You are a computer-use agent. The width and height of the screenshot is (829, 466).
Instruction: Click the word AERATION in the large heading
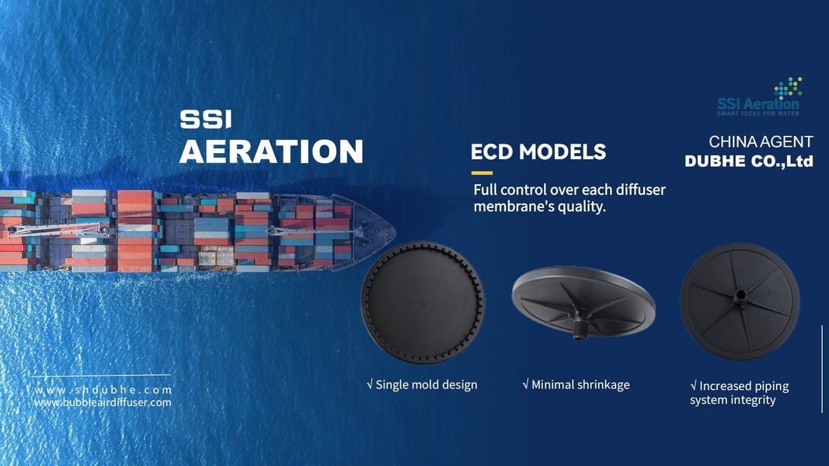point(271,151)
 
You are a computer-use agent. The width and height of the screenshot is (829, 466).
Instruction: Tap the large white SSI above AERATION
point(206,119)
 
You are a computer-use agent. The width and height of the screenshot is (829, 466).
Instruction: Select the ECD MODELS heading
point(538,151)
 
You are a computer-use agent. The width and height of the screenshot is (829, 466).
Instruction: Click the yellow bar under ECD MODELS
point(482,172)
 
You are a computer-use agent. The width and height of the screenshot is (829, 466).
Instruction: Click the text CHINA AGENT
point(761,142)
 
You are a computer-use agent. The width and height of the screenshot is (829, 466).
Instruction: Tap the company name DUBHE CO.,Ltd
point(748,162)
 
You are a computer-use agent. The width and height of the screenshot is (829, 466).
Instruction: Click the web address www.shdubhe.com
point(103,390)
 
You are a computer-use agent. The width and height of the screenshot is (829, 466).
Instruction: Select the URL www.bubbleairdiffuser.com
point(103,402)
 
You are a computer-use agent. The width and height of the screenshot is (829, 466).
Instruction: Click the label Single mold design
point(422,384)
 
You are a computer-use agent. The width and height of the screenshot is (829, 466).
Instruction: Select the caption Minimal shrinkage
point(576,384)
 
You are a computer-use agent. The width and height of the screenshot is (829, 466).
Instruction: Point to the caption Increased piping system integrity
point(738,393)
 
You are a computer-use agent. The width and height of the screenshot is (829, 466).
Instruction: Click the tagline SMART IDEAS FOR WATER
point(757,113)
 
